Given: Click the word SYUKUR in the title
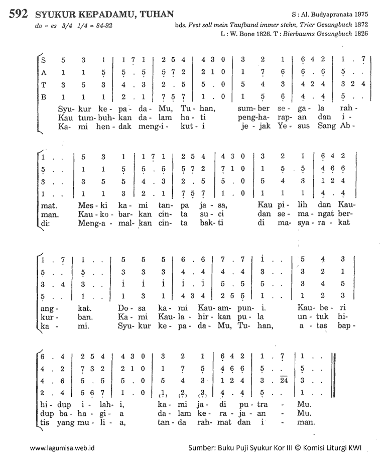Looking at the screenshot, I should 56,14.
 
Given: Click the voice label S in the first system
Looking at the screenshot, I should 44,59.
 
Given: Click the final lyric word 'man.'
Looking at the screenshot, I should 305,422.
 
